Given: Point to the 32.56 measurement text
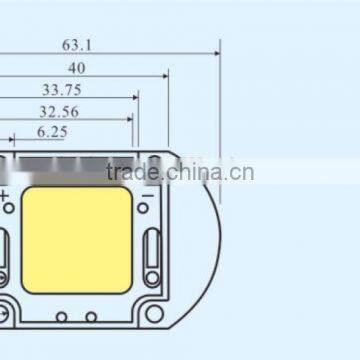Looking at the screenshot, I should click(x=59, y=111).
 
